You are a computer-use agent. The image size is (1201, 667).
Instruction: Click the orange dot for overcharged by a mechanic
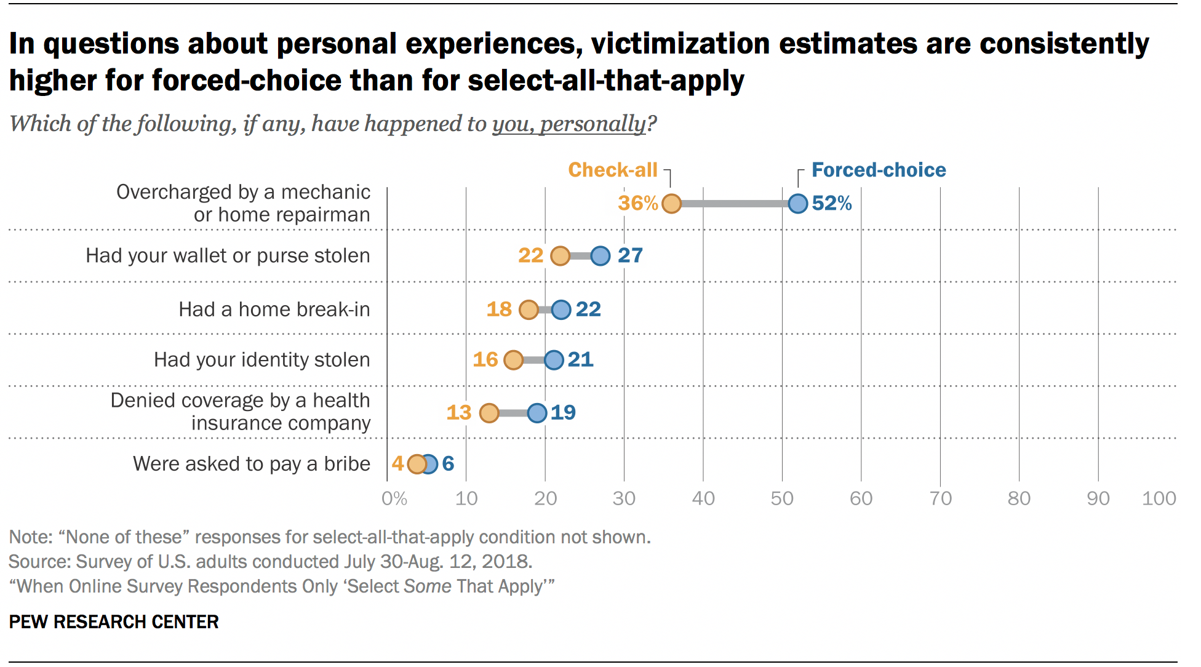pyautogui.click(x=671, y=203)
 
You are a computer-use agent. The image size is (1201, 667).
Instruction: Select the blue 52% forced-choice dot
pyautogui.click(x=797, y=203)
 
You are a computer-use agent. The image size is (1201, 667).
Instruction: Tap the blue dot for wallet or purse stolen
pyautogui.click(x=600, y=255)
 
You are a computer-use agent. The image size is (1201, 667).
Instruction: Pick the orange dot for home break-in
pyautogui.click(x=529, y=310)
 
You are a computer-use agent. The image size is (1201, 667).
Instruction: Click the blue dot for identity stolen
pyautogui.click(x=554, y=360)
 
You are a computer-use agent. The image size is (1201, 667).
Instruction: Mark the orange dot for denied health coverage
pyautogui.click(x=489, y=413)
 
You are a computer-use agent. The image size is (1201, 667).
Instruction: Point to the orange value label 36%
pyautogui.click(x=637, y=203)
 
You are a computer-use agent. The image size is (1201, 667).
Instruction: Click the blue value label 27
pyautogui.click(x=630, y=255)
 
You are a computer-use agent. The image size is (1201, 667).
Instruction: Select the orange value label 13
pyautogui.click(x=458, y=412)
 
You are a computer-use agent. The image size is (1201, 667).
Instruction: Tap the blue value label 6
pyautogui.click(x=448, y=464)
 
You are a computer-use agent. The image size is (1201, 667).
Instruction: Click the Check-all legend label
pyautogui.click(x=612, y=170)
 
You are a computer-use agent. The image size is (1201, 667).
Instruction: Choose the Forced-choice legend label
pyautogui.click(x=878, y=170)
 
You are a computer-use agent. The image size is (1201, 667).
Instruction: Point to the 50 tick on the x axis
pyautogui.click(x=782, y=498)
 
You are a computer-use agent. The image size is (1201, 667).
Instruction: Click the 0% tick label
pyautogui.click(x=394, y=498)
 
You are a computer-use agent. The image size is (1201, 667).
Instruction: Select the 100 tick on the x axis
pyautogui.click(x=1159, y=498)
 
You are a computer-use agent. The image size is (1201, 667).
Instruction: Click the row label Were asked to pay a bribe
pyautogui.click(x=251, y=464)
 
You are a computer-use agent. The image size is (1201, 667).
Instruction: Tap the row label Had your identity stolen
pyautogui.click(x=261, y=360)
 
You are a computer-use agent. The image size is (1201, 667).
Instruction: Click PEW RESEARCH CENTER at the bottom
pyautogui.click(x=114, y=622)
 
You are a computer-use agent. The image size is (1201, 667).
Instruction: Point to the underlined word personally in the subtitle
pyautogui.click(x=593, y=124)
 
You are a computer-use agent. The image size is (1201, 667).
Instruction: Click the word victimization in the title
pyautogui.click(x=680, y=44)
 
